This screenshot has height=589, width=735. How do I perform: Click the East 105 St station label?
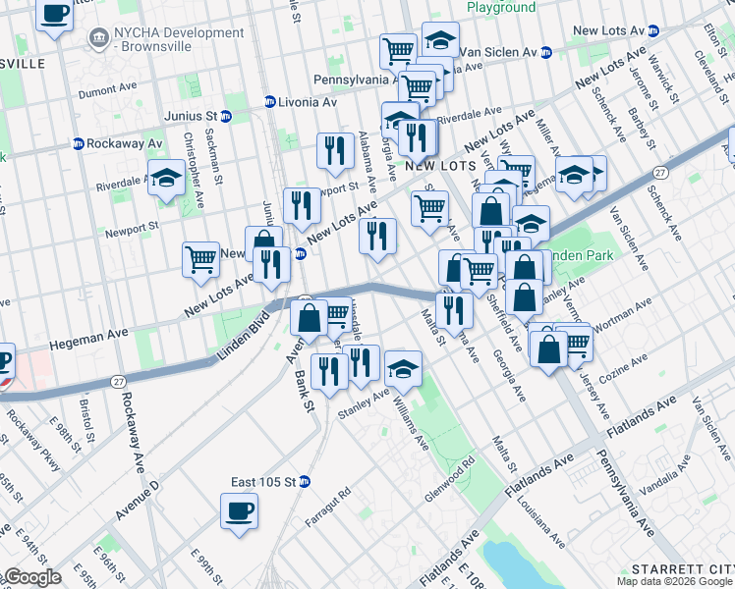pyautogui.click(x=264, y=481)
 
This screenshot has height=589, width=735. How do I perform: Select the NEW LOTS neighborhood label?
pyautogui.click(x=432, y=167)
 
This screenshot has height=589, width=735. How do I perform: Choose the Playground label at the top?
pyautogui.click(x=501, y=8)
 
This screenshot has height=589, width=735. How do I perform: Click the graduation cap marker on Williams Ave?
pyautogui.click(x=402, y=368)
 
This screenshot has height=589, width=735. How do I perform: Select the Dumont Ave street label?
pyautogui.click(x=108, y=91)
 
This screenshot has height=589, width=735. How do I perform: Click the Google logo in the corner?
pyautogui.click(x=31, y=577)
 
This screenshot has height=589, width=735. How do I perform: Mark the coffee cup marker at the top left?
pyautogui.click(x=55, y=14)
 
